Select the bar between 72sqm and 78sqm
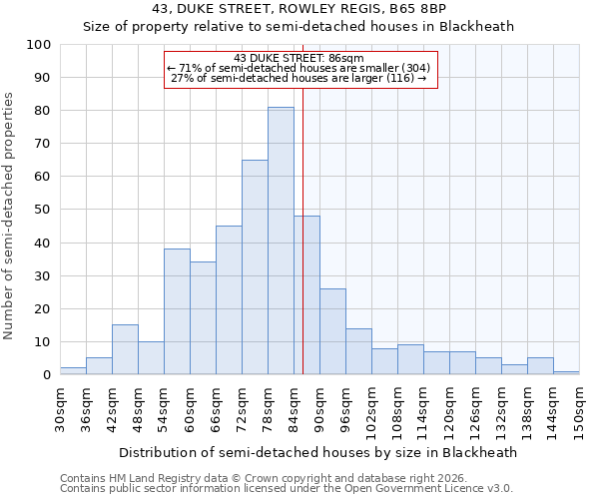pos(255,267)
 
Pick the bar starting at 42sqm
pos(125,349)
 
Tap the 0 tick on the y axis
pos(47,374)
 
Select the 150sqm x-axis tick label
pos(579,409)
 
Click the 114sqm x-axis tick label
pos(423,409)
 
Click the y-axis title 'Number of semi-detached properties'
pos(10,216)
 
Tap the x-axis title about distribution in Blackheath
pos(317,453)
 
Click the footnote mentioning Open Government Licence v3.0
pos(286,488)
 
